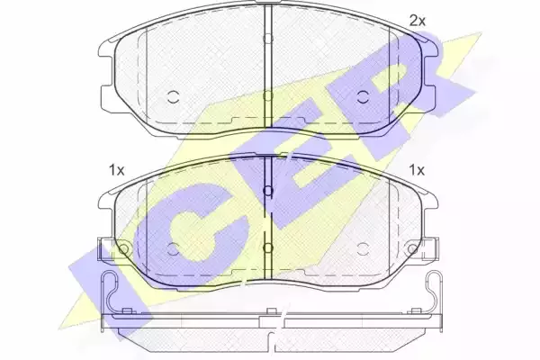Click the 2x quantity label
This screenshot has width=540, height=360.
pyautogui.click(x=418, y=22)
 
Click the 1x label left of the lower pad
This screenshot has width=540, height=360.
pyautogui.click(x=116, y=170)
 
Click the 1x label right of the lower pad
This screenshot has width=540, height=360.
pyautogui.click(x=417, y=170)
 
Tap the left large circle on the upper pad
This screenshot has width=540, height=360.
pyautogui.click(x=173, y=97)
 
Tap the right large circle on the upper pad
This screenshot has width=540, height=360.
pyautogui.click(x=363, y=97)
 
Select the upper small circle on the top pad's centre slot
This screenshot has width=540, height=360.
pyautogui.click(x=268, y=38)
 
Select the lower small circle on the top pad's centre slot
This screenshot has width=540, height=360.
pyautogui.click(x=268, y=95)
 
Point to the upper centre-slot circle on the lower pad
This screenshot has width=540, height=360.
pyautogui.click(x=268, y=191)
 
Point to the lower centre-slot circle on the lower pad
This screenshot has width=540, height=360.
pyautogui.click(x=268, y=247)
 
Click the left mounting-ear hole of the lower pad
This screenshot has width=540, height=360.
pyautogui.click(x=123, y=248)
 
